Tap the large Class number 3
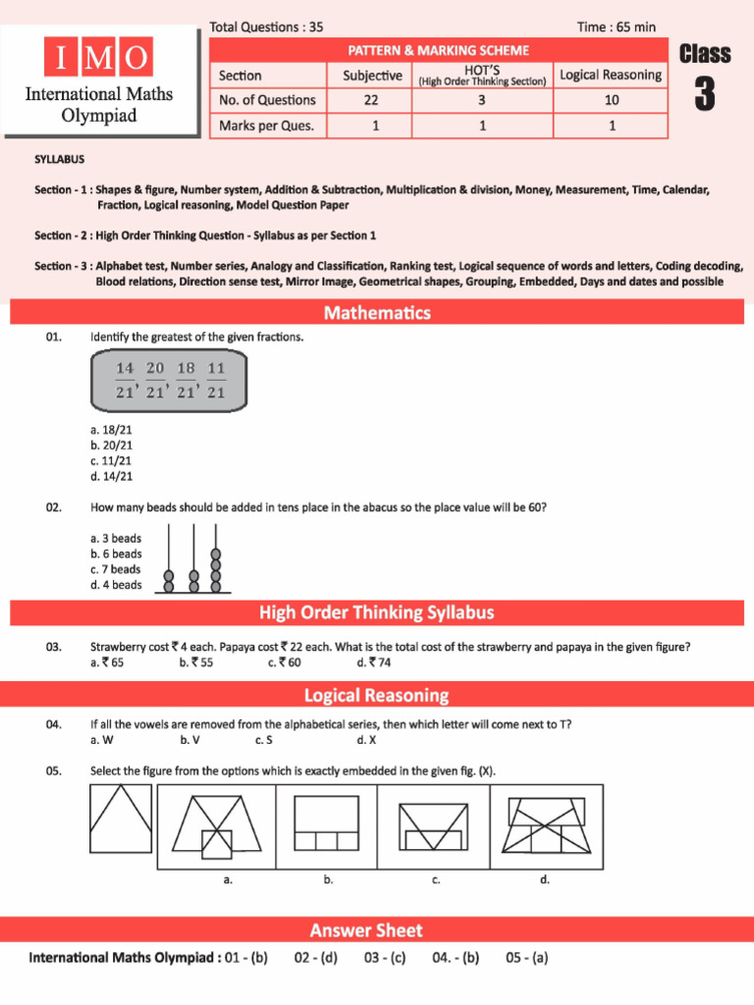[704, 95]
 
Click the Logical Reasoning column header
[611, 76]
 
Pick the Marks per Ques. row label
[267, 126]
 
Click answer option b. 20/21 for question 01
[111, 445]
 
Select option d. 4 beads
[116, 585]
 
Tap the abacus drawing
[193, 560]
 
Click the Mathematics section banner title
[377, 313]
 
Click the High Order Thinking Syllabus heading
[377, 613]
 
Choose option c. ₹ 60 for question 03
[284, 662]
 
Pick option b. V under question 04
[190, 740]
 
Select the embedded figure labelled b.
[328, 824]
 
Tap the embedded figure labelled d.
[545, 824]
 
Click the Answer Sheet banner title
[366, 930]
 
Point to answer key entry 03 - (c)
[384, 958]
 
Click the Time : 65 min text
[617, 27]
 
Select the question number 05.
[54, 770]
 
